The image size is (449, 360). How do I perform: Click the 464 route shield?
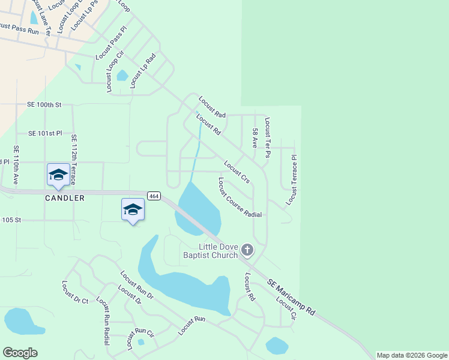pyautogui.click(x=153, y=196)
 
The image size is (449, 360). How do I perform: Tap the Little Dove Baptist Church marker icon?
pyautogui.click(x=247, y=250)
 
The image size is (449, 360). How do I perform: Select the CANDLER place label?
pyautogui.click(x=64, y=198)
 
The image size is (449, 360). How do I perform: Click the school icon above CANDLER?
pyautogui.click(x=58, y=175)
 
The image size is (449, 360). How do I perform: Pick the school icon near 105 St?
pyautogui.click(x=133, y=209)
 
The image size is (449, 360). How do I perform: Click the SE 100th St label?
pyautogui.click(x=44, y=104)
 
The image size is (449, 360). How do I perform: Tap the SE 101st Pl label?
pyautogui.click(x=46, y=133)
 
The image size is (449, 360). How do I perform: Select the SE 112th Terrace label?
pyautogui.click(x=74, y=158)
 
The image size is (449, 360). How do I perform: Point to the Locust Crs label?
pyautogui.click(x=237, y=172)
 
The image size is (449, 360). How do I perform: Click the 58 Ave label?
pyautogui.click(x=255, y=138)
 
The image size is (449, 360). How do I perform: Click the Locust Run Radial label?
pyautogui.click(x=103, y=321)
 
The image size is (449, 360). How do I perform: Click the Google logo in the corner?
pyautogui.click(x=20, y=353)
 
